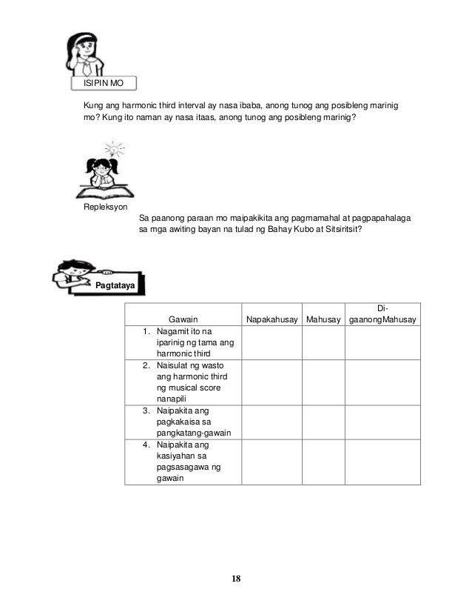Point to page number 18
coord(236,579)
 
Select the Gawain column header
coord(183,320)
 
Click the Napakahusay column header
coord(272,320)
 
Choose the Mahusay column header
coord(323,320)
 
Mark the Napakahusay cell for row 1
coord(272,342)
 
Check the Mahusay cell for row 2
coord(323,382)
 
